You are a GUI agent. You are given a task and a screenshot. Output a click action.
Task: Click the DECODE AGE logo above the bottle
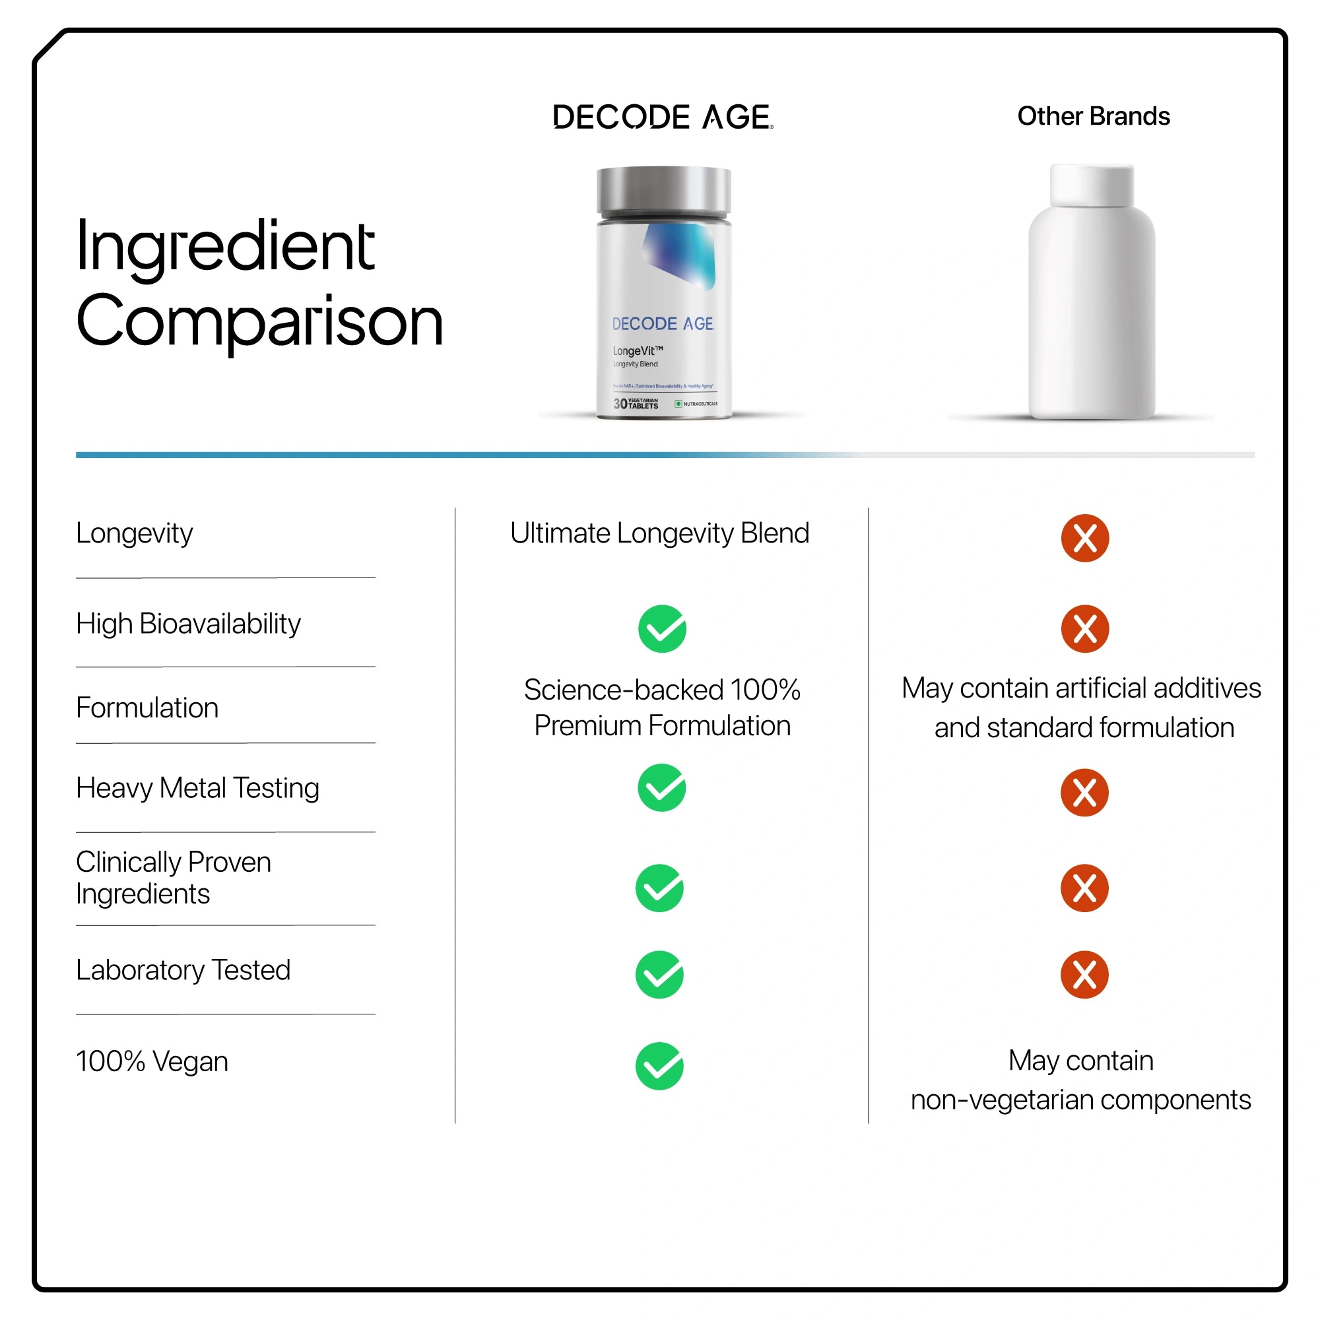pos(662,117)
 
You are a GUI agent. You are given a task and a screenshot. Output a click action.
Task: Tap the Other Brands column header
pos(1093,116)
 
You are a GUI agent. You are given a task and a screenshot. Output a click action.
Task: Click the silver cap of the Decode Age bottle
pos(663,191)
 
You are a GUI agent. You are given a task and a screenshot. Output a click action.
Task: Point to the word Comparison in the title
pos(259,321)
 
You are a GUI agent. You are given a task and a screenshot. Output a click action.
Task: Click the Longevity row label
pos(135,533)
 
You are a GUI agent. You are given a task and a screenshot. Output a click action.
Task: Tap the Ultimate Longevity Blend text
pos(659,533)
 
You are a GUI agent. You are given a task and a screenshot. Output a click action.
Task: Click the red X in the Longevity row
pos(1084,538)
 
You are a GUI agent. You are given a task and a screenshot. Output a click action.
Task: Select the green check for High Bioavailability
pos(662,628)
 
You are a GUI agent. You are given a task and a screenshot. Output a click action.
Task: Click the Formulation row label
pos(148,708)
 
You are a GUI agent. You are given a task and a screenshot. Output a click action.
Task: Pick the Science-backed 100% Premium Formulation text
pos(662,708)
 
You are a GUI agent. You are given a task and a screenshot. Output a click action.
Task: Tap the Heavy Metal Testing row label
pos(197,788)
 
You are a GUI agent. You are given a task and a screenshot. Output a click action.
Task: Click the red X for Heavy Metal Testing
pos(1084,793)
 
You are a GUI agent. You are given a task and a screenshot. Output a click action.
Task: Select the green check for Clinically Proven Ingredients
pos(659,888)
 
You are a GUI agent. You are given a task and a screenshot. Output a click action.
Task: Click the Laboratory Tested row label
pos(183,970)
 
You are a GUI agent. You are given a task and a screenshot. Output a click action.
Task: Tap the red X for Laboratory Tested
pos(1084,974)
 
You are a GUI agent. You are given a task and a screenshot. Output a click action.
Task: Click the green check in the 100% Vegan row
pos(659,1066)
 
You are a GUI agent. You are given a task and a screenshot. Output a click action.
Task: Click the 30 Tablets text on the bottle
pos(636,404)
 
